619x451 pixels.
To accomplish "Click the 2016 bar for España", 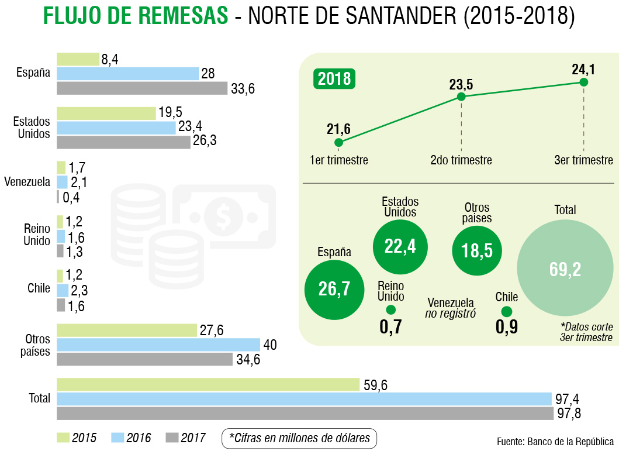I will click(127, 74).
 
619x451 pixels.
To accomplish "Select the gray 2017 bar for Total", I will click(305, 414).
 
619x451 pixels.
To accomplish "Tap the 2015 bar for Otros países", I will click(127, 330).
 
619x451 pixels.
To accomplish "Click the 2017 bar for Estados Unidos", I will click(123, 142).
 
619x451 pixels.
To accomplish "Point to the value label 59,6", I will click(376, 385).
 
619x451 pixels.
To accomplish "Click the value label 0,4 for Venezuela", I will click(71, 198).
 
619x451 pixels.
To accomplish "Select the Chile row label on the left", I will click(39, 288).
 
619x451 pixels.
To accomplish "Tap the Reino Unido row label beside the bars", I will click(37, 235).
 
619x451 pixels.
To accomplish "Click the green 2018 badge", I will click(334, 78).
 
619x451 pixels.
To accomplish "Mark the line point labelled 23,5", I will click(461, 97).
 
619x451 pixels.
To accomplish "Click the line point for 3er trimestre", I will click(583, 82).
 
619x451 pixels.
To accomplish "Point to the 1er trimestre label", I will click(339, 160).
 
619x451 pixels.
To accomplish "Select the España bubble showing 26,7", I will click(334, 289).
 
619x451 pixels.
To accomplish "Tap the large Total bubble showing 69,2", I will click(565, 268).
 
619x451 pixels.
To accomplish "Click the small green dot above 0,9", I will click(507, 312).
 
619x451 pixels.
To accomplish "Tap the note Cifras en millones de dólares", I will click(299, 438).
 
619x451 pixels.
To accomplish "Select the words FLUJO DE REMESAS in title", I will click(135, 16).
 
